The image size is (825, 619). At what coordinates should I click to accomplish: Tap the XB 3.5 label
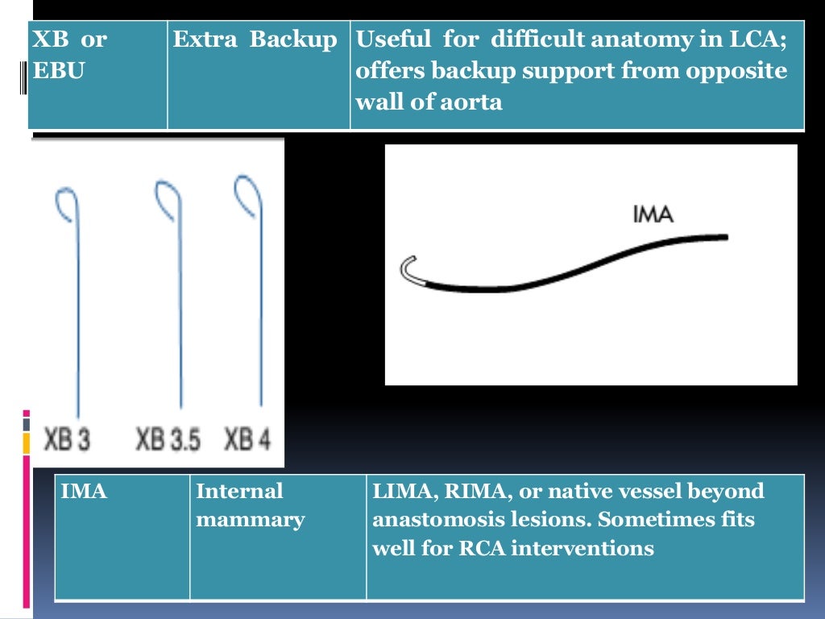click(168, 440)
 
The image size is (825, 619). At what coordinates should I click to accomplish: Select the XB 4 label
click(247, 440)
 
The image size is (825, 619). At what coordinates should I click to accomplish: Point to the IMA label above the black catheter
click(653, 214)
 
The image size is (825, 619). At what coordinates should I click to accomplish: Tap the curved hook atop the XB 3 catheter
click(66, 203)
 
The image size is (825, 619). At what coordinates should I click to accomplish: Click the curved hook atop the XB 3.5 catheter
click(168, 199)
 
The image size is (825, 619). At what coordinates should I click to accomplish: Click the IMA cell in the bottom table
click(84, 491)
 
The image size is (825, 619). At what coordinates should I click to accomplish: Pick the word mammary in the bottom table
click(251, 520)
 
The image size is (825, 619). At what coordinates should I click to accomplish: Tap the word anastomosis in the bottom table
click(440, 520)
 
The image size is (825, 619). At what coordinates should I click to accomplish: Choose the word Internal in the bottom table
click(240, 491)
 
